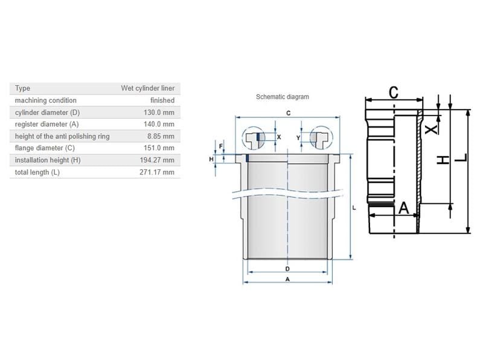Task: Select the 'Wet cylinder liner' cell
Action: pyautogui.click(x=147, y=88)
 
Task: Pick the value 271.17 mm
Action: pyautogui.click(x=156, y=172)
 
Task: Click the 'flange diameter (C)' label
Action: pyautogui.click(x=45, y=148)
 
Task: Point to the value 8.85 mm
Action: pyautogui.click(x=160, y=136)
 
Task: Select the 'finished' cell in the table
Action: pyautogui.click(x=162, y=100)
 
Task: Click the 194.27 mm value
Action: pyautogui.click(x=156, y=160)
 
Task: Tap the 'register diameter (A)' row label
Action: pyautogui.click(x=47, y=125)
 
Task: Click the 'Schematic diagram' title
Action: pyautogui.click(x=282, y=97)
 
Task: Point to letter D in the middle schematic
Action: pyautogui.click(x=287, y=268)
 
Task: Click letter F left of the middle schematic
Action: pyautogui.click(x=220, y=146)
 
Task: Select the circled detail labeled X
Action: pyautogui.click(x=258, y=137)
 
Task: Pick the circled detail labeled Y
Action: pyautogui.click(x=318, y=137)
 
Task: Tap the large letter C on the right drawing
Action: pyautogui.click(x=393, y=93)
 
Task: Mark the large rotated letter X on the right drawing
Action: pyautogui.click(x=429, y=129)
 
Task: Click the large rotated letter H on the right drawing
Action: pyautogui.click(x=443, y=159)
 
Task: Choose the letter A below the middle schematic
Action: pyautogui.click(x=287, y=279)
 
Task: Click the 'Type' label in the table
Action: pyautogui.click(x=22, y=88)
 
